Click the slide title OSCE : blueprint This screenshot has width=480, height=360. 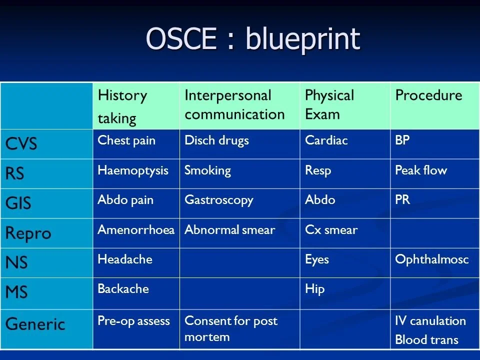(x=253, y=39)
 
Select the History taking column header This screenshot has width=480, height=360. (x=122, y=106)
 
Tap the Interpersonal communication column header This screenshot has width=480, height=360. (x=234, y=105)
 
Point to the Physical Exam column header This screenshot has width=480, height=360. (x=329, y=105)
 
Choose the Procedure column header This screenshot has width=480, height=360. (x=428, y=95)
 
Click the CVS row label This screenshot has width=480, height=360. (x=21, y=144)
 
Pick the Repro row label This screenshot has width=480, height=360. (x=28, y=233)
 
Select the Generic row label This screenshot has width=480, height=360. (x=35, y=324)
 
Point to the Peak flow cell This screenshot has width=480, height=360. (x=420, y=170)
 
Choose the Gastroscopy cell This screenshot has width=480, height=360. (x=218, y=200)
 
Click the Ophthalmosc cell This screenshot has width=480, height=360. (x=431, y=260)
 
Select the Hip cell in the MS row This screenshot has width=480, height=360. (x=314, y=290)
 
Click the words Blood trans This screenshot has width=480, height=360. (x=426, y=340)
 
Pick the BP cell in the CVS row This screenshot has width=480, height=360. (x=402, y=141)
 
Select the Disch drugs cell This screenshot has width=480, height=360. (x=216, y=141)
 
